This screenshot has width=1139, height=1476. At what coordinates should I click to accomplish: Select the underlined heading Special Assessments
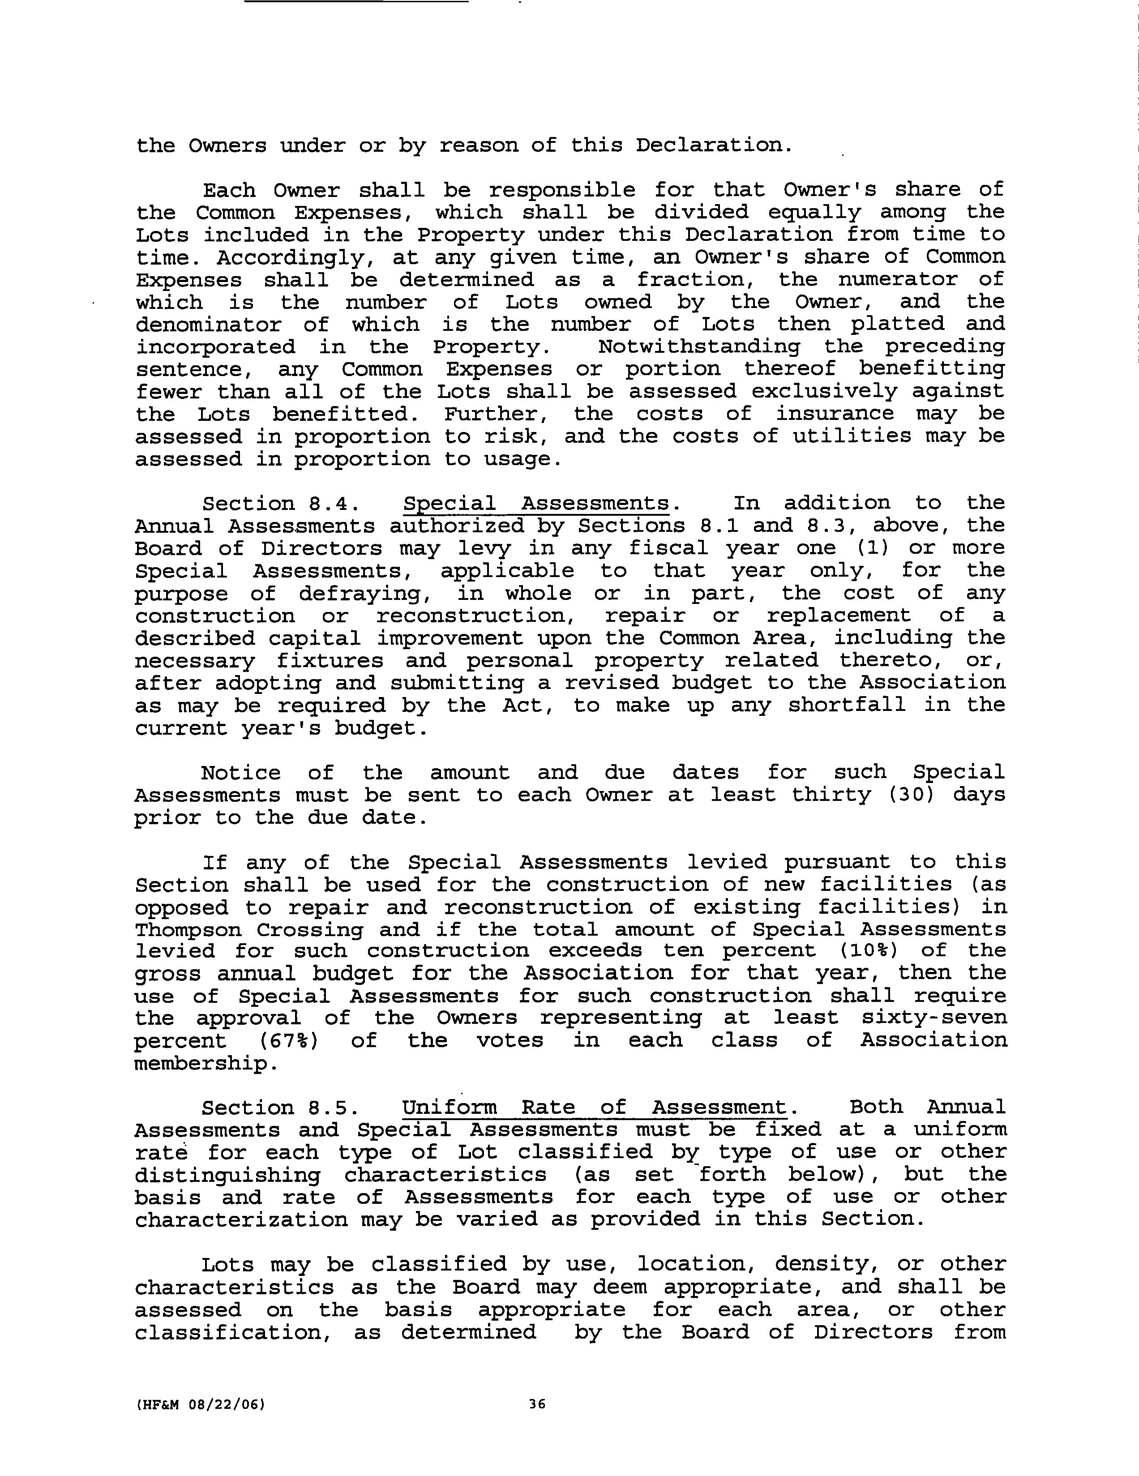[x=535, y=504]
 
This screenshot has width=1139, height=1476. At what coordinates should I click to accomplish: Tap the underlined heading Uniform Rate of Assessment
[x=595, y=1108]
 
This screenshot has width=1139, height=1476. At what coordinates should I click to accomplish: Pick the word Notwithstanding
[x=699, y=347]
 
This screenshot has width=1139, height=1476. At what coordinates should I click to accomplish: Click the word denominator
[x=208, y=325]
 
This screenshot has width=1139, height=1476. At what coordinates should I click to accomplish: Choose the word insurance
[x=834, y=414]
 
